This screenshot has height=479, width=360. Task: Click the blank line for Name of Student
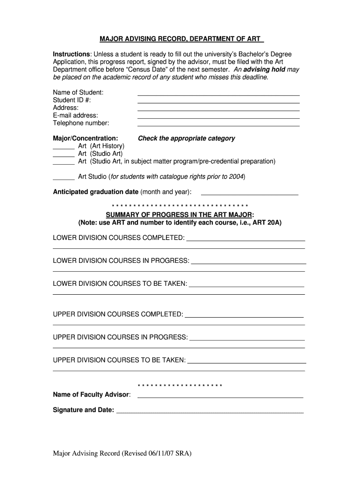point(218,94)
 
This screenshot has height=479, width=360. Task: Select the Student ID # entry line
point(218,102)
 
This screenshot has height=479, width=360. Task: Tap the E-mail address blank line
point(218,118)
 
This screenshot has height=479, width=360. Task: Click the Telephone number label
point(81,123)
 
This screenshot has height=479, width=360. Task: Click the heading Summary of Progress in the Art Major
point(180,215)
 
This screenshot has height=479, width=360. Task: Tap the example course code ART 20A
point(267,222)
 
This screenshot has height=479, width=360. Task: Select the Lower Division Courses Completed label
point(119,238)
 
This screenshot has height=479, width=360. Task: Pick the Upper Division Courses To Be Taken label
point(119,360)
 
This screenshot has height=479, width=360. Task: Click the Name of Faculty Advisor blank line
point(220,397)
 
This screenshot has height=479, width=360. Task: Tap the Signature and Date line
point(210,413)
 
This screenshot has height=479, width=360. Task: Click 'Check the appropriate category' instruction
point(186,138)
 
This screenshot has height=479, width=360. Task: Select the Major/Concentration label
point(86,138)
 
